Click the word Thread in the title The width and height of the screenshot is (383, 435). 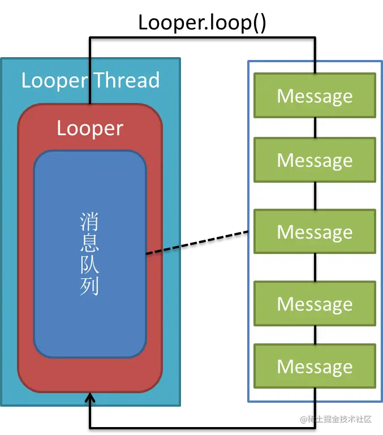127,80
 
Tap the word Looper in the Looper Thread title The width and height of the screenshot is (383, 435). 54,80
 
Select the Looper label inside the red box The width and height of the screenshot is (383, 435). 90,128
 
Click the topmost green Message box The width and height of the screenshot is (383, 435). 315,96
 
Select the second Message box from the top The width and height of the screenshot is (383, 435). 315,160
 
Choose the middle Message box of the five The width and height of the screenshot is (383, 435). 315,231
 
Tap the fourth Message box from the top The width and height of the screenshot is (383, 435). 315,304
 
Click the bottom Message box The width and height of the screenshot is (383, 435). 315,366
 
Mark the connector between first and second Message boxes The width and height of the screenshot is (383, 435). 315,128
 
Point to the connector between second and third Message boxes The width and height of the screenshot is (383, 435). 315,196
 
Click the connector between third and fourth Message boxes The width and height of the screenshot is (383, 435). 315,268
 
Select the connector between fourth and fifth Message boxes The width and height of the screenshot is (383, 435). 315,335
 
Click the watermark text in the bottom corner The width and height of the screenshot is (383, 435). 335,419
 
